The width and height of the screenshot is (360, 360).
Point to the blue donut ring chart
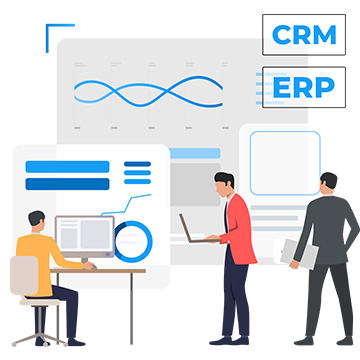133,240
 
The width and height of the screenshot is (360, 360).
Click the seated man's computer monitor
84,236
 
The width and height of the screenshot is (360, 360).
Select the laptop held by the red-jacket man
190,229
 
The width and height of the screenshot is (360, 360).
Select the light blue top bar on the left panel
67,167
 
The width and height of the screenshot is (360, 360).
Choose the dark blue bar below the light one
67,184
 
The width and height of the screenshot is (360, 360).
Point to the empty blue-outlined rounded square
284,162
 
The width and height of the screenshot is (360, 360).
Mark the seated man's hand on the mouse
88,266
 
